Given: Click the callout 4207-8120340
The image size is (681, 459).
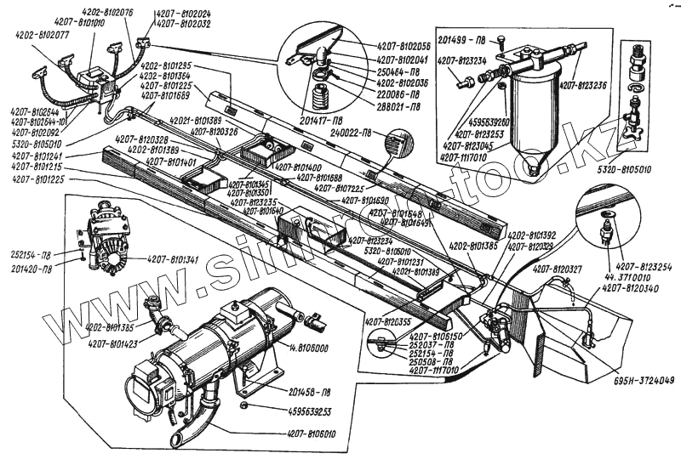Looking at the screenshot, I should tap(631, 288).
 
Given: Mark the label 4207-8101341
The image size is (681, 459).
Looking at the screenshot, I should tap(174, 260).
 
